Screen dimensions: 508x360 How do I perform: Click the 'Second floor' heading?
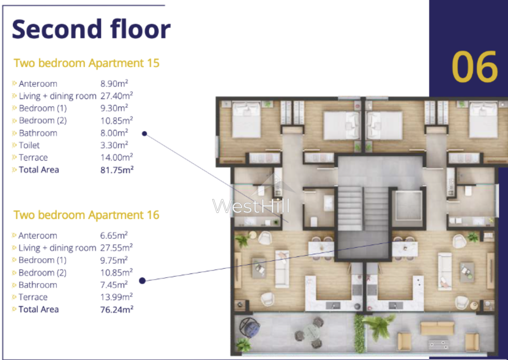tap(91, 29)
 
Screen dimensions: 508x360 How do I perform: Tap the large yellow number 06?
tap(475, 67)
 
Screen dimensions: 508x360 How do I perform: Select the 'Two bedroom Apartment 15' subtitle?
tap(87, 63)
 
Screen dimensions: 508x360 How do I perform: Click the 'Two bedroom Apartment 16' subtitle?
tap(86, 215)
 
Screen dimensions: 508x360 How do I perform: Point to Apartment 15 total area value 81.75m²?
tap(117, 170)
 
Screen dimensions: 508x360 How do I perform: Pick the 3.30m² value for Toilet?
tap(114, 145)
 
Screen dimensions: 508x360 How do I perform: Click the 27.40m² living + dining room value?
tap(117, 96)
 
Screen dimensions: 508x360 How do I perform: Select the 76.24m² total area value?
tap(117, 310)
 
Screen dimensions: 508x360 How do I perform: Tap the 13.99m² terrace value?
tap(116, 297)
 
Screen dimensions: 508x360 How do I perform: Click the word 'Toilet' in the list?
tap(29, 145)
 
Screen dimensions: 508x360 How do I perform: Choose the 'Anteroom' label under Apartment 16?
tap(37, 236)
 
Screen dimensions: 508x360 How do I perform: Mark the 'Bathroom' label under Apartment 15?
tap(38, 133)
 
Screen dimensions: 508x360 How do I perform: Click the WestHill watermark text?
tap(251, 206)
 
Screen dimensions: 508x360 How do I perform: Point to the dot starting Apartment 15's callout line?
tap(144, 134)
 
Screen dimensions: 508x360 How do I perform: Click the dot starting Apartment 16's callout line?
tap(142, 280)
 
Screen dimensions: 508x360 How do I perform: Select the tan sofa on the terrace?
tap(437, 328)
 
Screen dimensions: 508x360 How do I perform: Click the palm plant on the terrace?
tap(378, 326)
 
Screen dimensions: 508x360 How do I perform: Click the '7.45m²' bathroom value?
tap(114, 285)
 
